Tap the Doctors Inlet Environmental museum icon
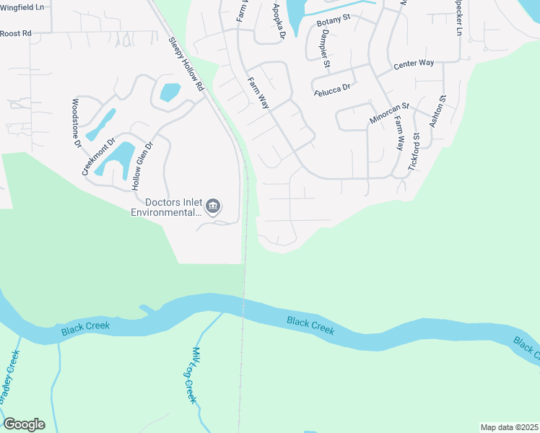[213, 207]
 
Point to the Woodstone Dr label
[77, 123]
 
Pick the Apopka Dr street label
[279, 20]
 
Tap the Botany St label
[333, 22]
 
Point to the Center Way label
[414, 64]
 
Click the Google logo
[24, 424]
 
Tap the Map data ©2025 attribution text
[509, 427]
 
